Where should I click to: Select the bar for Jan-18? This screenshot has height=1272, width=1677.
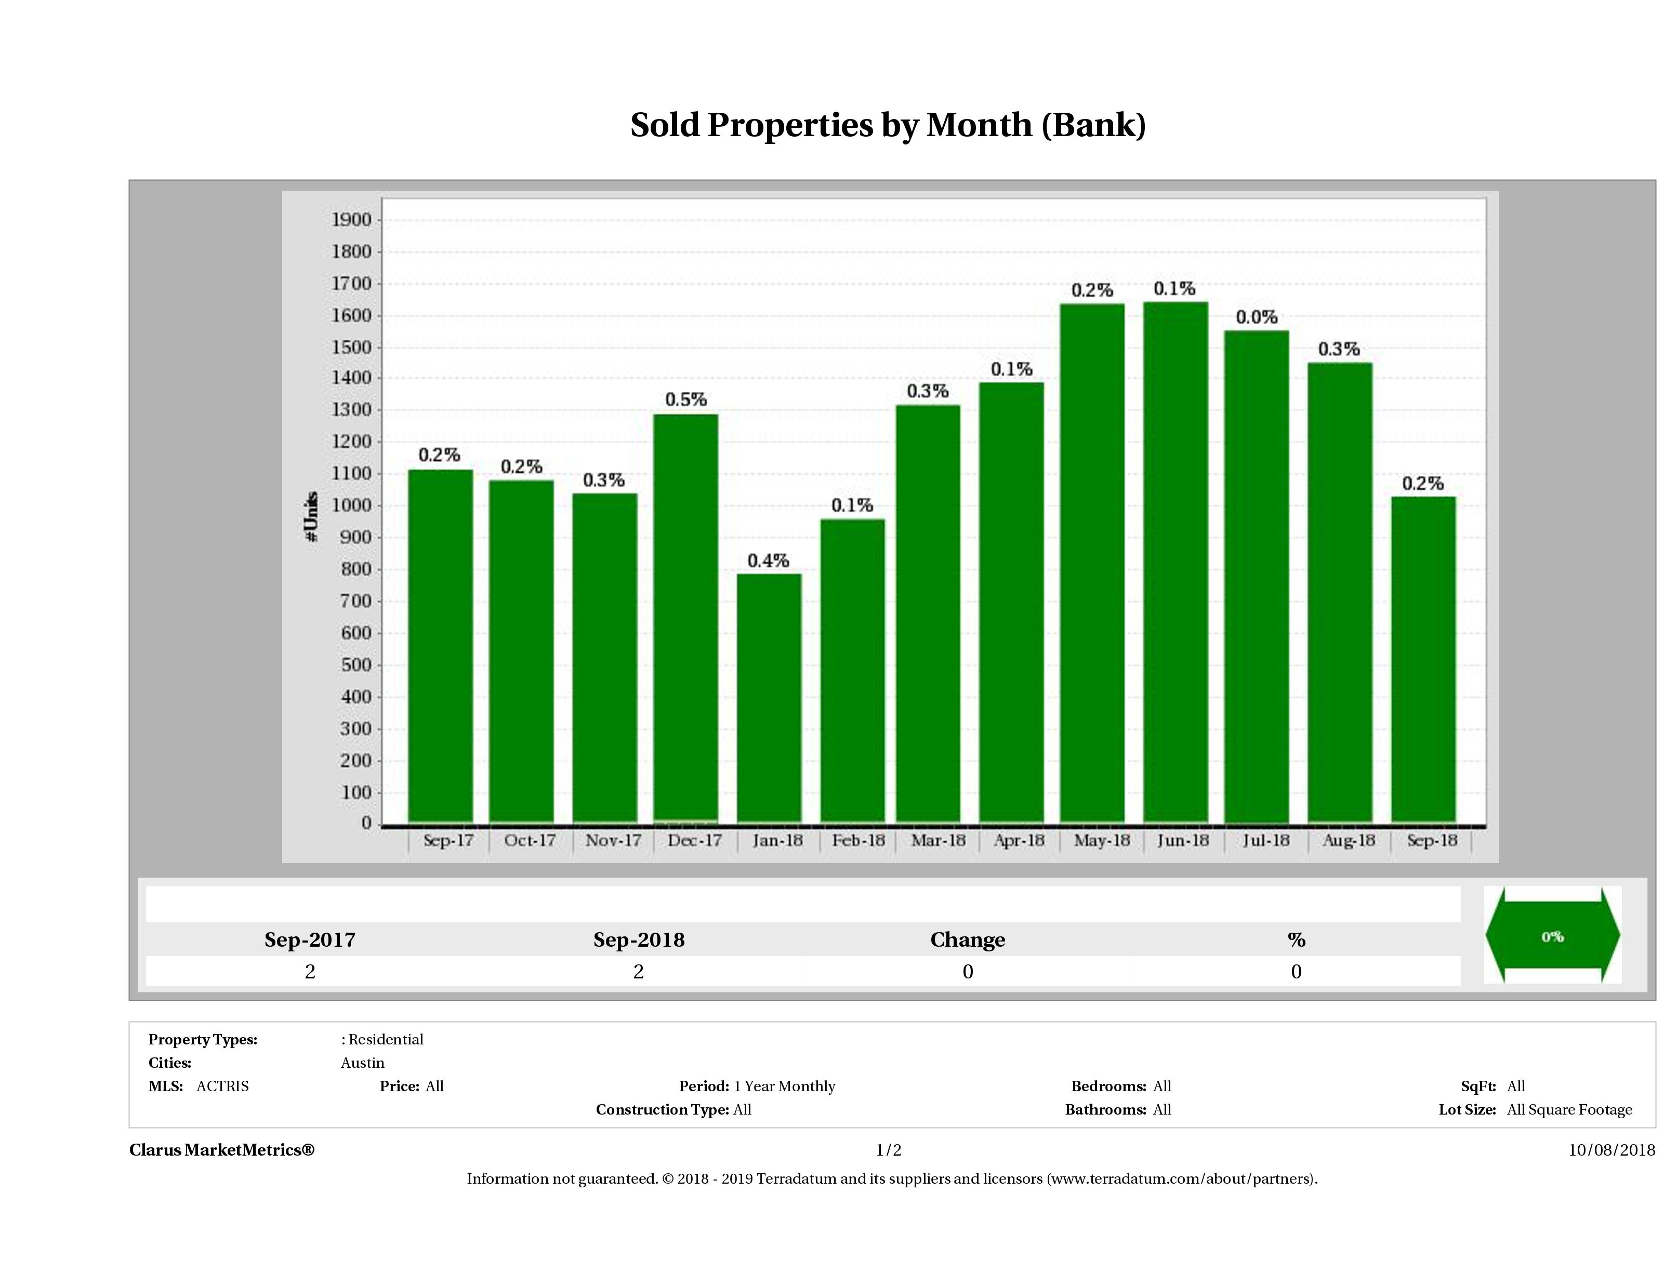(769, 697)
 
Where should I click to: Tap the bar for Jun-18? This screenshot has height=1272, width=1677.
(1175, 561)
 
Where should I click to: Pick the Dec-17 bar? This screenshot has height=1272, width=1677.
(686, 618)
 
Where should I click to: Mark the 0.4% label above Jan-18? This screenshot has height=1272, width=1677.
(769, 561)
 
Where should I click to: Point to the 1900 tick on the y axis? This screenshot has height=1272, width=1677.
(352, 220)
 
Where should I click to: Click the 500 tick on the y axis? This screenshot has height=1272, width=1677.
(356, 665)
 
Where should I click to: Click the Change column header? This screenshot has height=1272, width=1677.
(968, 940)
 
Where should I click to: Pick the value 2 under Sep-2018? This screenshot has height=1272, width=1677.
(638, 972)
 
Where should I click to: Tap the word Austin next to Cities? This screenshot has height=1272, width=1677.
(362, 1063)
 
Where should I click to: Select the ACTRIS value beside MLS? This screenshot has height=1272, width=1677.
(222, 1086)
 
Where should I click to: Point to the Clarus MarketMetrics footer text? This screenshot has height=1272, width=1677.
(221, 1150)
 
